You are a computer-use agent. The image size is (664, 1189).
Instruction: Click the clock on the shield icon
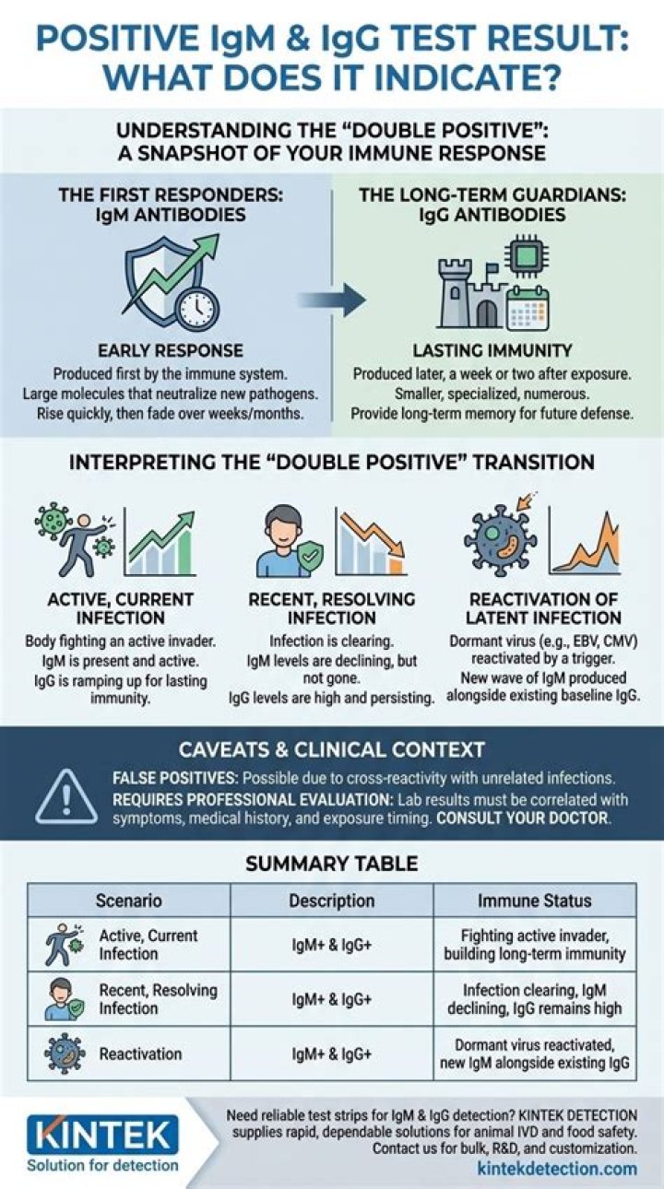tap(197, 310)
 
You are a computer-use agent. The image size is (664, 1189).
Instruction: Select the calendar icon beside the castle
tap(528, 308)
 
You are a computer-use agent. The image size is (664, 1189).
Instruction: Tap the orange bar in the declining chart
tap(397, 566)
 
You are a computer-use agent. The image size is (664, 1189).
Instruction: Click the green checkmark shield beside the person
tap(310, 558)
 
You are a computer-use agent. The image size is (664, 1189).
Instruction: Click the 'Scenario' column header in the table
tap(128, 901)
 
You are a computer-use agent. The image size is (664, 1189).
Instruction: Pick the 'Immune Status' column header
tap(534, 901)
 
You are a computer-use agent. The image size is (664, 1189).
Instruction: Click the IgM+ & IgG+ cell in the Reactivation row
tap(331, 1054)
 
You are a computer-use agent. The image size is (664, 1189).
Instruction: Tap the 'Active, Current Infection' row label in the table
tap(148, 945)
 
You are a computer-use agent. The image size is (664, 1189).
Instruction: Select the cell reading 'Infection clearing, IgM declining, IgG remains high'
tap(534, 999)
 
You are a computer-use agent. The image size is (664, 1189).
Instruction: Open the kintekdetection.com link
tap(557, 1169)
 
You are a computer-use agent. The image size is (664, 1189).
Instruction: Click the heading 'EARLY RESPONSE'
tap(171, 351)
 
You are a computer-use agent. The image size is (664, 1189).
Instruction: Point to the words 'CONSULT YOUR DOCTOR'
tap(524, 818)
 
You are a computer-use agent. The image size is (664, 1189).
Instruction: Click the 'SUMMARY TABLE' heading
tap(332, 864)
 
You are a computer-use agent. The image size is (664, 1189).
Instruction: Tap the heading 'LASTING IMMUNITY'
tap(493, 351)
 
